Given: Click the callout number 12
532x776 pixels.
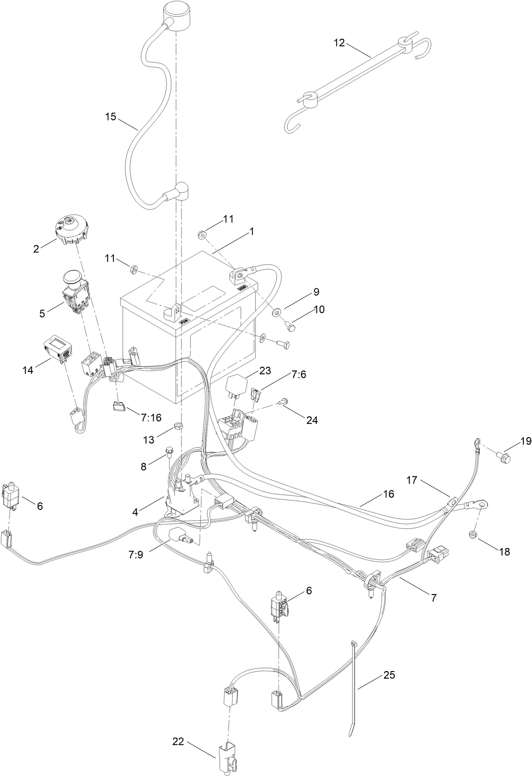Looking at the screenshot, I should pyautogui.click(x=339, y=43).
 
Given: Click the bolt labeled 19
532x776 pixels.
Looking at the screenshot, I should pyautogui.click(x=503, y=457).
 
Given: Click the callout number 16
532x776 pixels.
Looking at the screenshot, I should pyautogui.click(x=389, y=494).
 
